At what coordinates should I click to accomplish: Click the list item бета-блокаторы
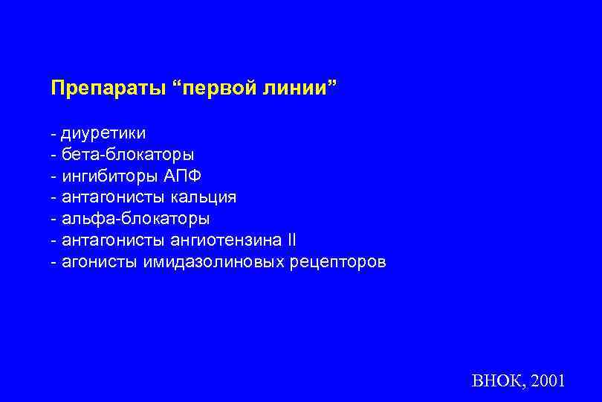pos(127,156)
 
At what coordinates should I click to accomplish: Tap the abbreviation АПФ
pos(182,176)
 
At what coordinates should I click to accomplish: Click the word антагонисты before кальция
pos(114,198)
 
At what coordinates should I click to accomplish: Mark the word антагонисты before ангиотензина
pos(114,240)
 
